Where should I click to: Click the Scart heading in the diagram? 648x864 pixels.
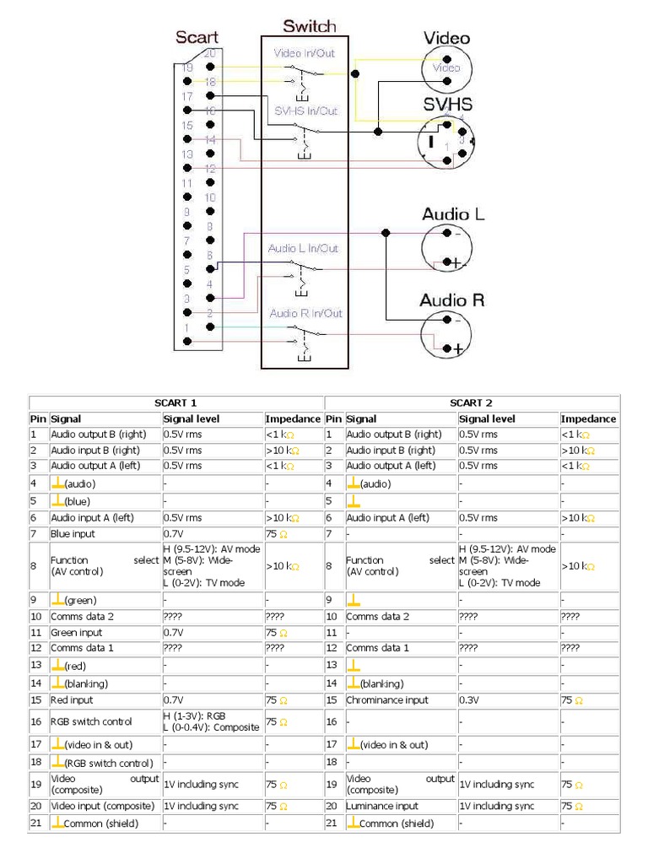pos(197,37)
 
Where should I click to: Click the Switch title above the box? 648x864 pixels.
pos(309,26)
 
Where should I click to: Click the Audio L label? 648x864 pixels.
pos(453,214)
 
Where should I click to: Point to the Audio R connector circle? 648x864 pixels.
pos(446,334)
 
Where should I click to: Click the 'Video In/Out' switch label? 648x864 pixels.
pos(304,53)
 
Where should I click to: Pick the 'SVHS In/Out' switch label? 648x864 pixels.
pos(305,111)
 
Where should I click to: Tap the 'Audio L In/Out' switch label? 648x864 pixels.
pos(303,248)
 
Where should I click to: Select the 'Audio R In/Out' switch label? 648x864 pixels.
pos(305,313)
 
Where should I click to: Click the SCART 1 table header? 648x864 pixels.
pos(175,402)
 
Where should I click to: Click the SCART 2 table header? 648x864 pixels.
pos(471,402)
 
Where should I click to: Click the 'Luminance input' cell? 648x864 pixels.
pos(382,807)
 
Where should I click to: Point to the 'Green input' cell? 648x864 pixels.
pos(77,632)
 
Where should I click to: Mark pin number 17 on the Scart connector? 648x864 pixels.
pos(187,96)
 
